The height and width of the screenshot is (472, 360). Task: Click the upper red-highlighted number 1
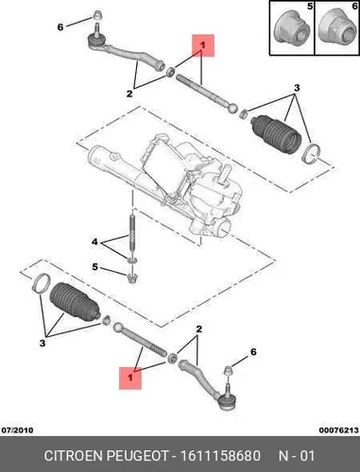203,45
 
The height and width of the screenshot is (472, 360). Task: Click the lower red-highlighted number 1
129,378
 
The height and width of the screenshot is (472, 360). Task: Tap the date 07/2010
18,430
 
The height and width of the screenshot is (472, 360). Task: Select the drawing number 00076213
339,430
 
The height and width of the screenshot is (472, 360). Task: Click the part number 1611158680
220,456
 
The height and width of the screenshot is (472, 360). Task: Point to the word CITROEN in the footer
74,456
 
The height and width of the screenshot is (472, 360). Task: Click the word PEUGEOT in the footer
139,456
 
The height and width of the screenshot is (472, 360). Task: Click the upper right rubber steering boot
276,136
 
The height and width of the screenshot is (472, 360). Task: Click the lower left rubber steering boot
75,302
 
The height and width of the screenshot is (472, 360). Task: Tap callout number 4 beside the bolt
94,242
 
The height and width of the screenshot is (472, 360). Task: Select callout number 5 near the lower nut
94,267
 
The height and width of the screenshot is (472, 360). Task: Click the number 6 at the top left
60,27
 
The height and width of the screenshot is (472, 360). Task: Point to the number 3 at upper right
297,88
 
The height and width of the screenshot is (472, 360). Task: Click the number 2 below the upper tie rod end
129,93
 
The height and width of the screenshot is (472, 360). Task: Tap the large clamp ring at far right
312,154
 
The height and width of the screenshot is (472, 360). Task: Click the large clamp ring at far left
41,282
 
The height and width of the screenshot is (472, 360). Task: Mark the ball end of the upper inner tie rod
232,108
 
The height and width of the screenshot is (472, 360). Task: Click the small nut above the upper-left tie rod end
96,14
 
